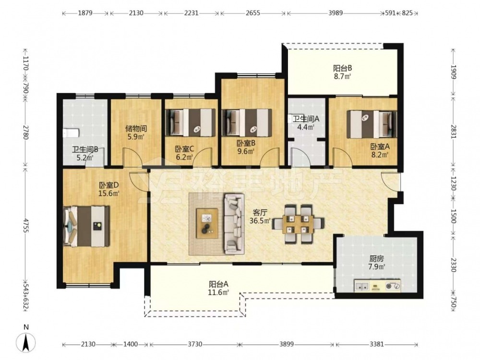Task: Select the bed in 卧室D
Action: (86, 226)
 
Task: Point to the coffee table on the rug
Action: (207, 223)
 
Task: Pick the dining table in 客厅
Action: (298, 224)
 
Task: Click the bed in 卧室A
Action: (372, 124)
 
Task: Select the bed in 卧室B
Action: (247, 122)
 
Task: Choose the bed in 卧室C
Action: (190, 122)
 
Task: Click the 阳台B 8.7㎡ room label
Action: (342, 72)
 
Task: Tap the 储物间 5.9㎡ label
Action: (136, 132)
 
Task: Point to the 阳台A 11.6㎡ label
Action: (218, 288)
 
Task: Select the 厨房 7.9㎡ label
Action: (376, 263)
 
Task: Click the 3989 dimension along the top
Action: (336, 13)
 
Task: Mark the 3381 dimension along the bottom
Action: (376, 344)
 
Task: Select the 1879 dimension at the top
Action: (85, 13)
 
